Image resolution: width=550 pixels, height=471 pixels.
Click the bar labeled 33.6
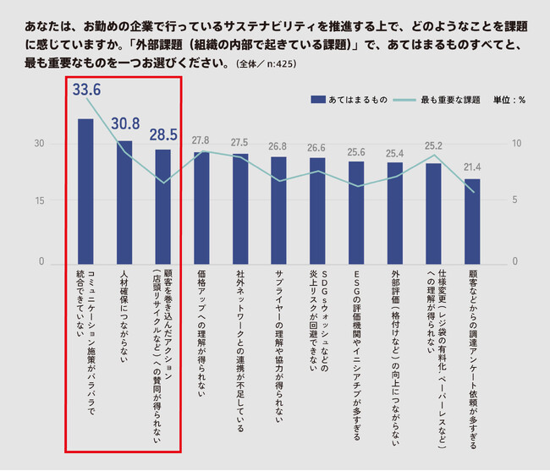pos(85,190)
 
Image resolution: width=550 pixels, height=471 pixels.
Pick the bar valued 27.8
pos(201,207)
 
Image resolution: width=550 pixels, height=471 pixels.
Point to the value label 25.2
pos(433,145)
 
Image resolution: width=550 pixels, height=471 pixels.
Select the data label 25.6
pos(356,151)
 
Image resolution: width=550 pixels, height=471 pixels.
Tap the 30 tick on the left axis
pos(39,143)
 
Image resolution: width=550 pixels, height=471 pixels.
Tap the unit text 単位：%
pos(509,99)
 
